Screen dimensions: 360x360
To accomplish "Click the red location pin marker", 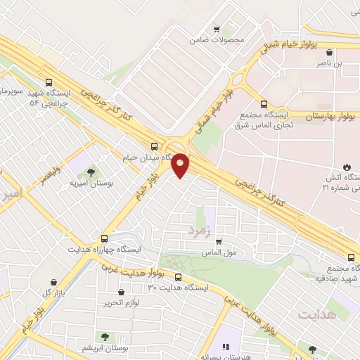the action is click(181, 165).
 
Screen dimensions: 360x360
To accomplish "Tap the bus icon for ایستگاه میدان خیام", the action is click(154, 146).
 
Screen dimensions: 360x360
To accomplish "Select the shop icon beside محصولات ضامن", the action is click(217, 30).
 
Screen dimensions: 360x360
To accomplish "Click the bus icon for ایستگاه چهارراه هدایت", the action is click(105, 238).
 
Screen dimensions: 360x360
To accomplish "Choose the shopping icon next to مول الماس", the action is click(218, 241).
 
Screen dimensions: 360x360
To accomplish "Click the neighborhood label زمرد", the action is click(199, 229).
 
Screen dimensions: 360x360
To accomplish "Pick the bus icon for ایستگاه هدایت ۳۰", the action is click(176, 277).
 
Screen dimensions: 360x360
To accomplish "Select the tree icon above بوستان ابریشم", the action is click(105, 337).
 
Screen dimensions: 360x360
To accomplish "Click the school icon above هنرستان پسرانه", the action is click(226, 347).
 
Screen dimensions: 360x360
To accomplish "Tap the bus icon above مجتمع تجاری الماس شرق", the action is click(264, 105).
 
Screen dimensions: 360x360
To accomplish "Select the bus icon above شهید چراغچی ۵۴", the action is click(49, 82).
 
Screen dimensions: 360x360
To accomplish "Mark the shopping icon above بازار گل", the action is click(53, 282).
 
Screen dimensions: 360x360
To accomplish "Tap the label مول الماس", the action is click(217, 251).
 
